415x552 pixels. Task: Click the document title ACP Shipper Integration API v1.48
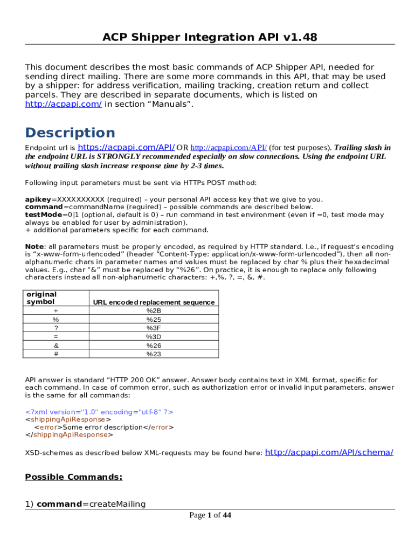[x=210, y=37]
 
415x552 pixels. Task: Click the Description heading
[x=70, y=133]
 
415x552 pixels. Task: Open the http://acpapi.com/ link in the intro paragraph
[x=64, y=104]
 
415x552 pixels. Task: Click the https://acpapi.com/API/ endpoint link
[x=126, y=147]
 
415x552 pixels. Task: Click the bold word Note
[x=35, y=246]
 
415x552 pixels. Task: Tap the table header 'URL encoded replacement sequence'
[x=154, y=302]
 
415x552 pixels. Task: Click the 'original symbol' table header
[x=41, y=298]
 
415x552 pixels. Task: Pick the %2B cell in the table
[x=154, y=311]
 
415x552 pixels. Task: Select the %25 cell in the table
[x=154, y=320]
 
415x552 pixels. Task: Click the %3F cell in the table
[x=154, y=328]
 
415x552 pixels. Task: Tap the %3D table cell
[x=154, y=337]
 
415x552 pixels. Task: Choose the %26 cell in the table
[x=154, y=346]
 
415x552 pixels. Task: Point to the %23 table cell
[x=154, y=354]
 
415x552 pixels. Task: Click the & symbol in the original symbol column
[x=56, y=346]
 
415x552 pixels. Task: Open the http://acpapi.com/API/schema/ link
[x=329, y=452]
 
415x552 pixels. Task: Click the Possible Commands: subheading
[x=74, y=477]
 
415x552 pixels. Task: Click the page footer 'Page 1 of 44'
[x=210, y=515]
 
